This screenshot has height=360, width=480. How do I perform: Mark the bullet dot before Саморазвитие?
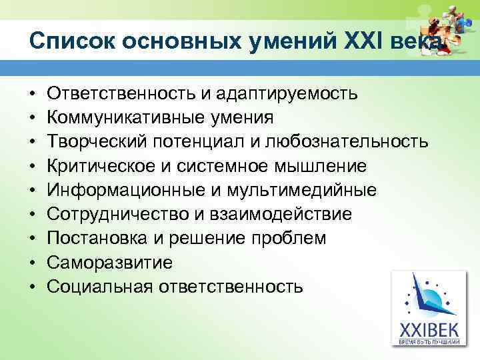pos(33,263)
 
